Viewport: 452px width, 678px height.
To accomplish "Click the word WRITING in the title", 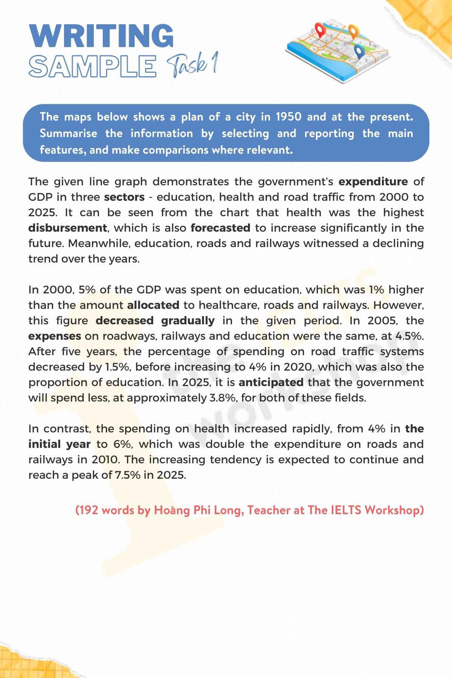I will point(101,36).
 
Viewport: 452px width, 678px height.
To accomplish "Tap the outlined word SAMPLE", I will point(92,66).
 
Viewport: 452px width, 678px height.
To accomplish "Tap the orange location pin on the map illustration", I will point(353,31).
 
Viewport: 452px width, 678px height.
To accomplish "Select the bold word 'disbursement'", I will point(67,228).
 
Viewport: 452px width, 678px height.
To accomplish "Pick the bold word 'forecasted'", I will point(220,228).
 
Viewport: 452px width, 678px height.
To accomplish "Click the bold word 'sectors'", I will point(124,197).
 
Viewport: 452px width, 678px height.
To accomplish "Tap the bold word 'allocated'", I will point(153,305).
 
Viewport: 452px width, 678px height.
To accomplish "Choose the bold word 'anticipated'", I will point(271,382).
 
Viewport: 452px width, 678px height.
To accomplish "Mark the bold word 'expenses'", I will point(55,336).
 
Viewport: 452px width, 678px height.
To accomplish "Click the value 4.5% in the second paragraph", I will point(409,336).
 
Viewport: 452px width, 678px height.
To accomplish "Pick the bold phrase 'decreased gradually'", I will point(155,321).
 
